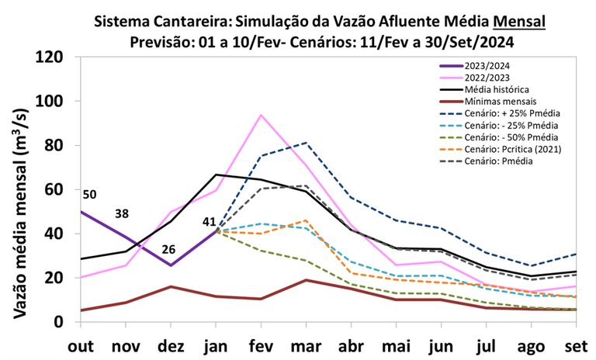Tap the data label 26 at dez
(x=169, y=251)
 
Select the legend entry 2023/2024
(x=490, y=66)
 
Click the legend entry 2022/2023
(x=490, y=78)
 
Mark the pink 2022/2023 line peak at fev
(x=261, y=115)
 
